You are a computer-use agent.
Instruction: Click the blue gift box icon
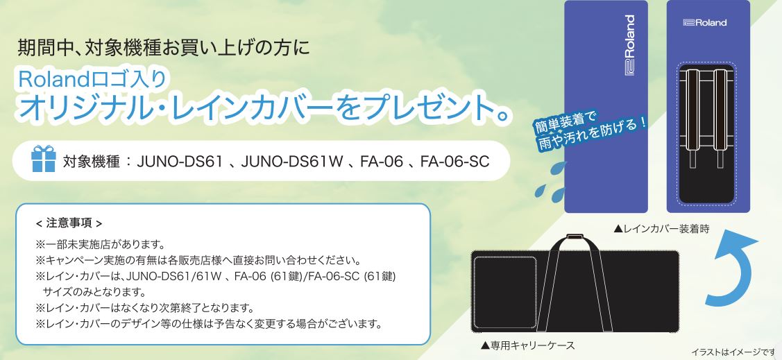[44, 159]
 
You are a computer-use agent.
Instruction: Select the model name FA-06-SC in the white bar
[454, 162]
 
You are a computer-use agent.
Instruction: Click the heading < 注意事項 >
[69, 223]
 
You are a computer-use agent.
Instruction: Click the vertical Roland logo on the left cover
[630, 45]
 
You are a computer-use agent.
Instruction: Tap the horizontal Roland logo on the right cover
[705, 22]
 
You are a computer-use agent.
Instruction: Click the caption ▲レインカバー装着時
[661, 228]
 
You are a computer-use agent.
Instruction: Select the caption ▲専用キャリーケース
[527, 345]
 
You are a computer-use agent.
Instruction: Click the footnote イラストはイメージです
[734, 352]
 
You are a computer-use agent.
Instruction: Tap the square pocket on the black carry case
[504, 292]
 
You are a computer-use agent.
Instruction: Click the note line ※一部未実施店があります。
[100, 245]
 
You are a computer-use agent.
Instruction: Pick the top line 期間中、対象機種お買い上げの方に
[164, 48]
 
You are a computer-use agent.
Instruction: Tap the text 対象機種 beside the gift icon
[92, 162]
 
